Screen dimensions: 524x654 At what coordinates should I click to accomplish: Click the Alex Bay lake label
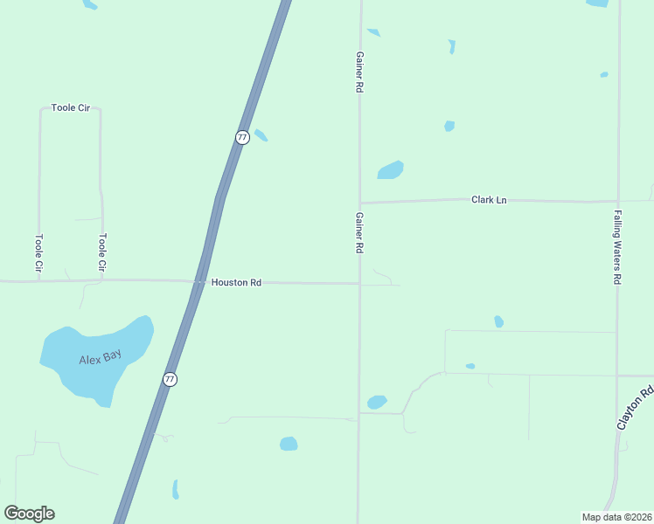point(99,358)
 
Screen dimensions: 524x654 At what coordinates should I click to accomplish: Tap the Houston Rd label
point(236,283)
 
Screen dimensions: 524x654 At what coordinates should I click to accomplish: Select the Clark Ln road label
point(489,200)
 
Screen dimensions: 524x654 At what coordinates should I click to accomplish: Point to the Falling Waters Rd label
point(616,246)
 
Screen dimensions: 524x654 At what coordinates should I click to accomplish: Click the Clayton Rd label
point(635,408)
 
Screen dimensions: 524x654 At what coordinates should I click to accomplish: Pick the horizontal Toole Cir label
point(71,108)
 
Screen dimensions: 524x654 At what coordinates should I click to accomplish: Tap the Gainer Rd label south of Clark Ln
point(358,232)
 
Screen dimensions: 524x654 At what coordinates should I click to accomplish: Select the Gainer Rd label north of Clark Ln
point(358,72)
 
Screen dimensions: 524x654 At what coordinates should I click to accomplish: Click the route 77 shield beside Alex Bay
point(170,379)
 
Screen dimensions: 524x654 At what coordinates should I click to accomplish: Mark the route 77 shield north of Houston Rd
point(242,137)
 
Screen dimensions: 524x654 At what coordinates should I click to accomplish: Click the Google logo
point(30,514)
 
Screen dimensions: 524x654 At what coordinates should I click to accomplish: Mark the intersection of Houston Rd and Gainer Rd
point(358,283)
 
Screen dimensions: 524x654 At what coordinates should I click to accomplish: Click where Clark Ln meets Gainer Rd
point(358,203)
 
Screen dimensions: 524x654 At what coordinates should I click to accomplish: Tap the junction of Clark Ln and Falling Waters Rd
point(618,201)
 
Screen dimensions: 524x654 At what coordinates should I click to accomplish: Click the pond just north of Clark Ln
point(390,169)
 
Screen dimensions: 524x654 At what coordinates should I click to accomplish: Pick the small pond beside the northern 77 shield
point(261,135)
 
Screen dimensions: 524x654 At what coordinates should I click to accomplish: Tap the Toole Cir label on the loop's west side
point(38,252)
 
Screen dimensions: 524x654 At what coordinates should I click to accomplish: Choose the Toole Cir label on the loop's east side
point(102,252)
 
